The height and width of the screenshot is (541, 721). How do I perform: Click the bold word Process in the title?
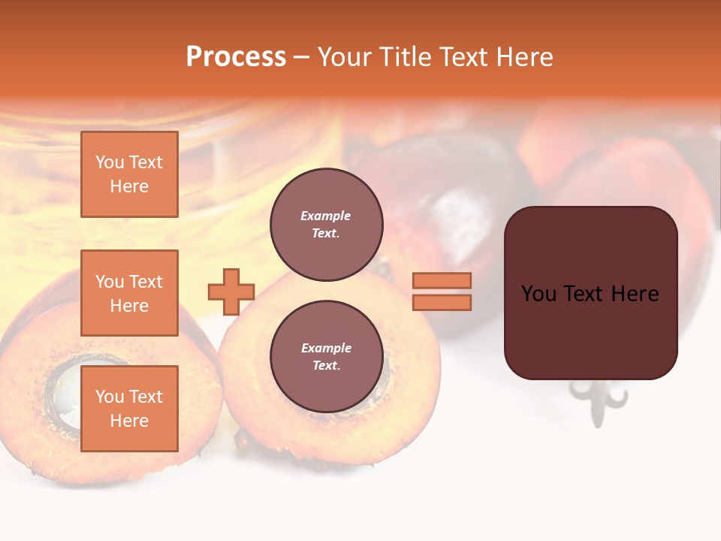(236, 57)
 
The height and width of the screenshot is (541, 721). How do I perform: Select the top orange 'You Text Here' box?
(129, 174)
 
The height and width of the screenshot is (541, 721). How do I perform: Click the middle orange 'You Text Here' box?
(129, 293)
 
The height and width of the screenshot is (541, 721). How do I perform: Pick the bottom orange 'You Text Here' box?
(129, 409)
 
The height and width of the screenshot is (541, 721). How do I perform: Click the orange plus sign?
(231, 292)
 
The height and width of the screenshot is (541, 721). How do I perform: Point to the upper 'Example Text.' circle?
(326, 225)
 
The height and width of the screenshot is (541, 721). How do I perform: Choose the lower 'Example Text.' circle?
(326, 357)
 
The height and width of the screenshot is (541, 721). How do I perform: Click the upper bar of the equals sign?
(442, 280)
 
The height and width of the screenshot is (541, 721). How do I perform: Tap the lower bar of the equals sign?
(442, 303)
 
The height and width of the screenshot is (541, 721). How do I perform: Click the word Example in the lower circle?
(326, 348)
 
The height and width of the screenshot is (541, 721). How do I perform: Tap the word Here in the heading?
(523, 57)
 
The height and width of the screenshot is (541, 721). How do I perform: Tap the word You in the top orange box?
(109, 162)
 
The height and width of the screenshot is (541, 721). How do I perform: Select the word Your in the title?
(344, 57)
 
